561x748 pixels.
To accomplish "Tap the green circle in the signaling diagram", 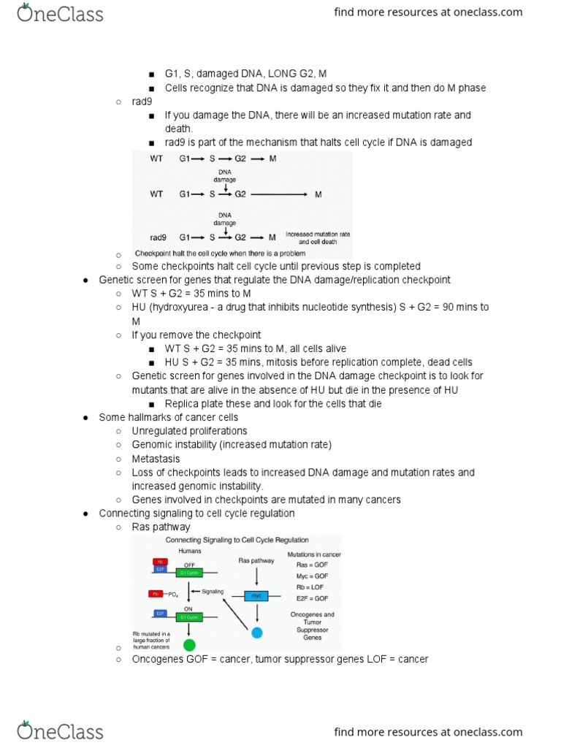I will pos(189,644).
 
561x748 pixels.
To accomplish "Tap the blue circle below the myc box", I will pos(256,630).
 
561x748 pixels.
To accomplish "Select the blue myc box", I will pos(256,596).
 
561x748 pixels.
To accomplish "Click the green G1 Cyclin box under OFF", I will pos(189,573).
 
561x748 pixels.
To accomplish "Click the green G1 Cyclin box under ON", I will pos(189,614).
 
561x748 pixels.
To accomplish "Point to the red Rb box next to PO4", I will pos(156,593).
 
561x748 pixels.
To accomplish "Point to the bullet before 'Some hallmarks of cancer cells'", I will pos(86,417).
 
